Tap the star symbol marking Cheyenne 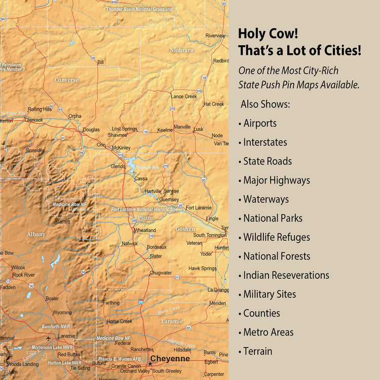(150, 364)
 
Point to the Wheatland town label (145, 230)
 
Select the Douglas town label (91, 130)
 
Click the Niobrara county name (181, 50)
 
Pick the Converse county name (66, 80)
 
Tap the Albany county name (36, 234)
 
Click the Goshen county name (185, 229)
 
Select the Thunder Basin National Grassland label (139, 9)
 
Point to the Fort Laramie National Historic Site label (144, 209)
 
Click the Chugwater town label (161, 273)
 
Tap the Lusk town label (198, 129)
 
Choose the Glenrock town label (34, 120)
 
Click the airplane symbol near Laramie (48, 338)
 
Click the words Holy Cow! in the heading (268, 34)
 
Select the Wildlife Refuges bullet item (276, 237)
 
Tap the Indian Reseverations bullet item (286, 275)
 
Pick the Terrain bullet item (257, 351)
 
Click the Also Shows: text (265, 104)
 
